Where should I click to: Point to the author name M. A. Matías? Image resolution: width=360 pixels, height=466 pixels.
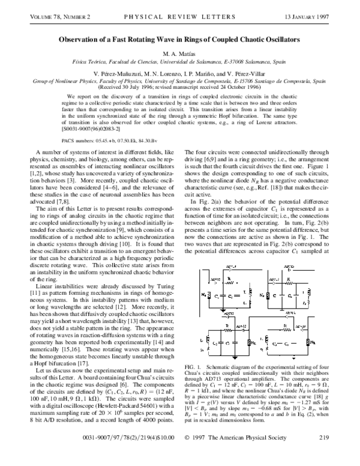tap(180, 54)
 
